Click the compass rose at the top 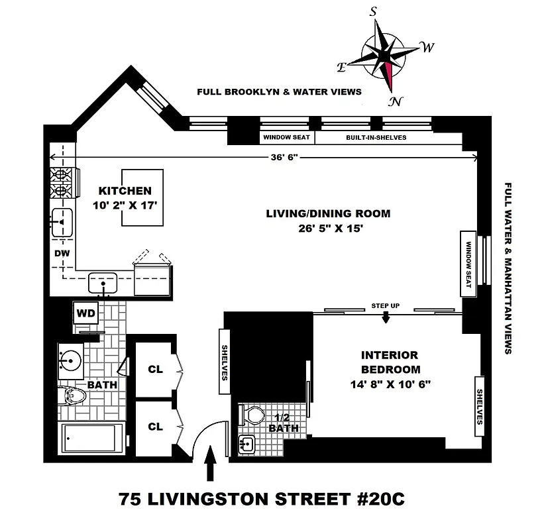[x=388, y=54]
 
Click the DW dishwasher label [x=58, y=253]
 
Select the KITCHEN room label [x=125, y=191]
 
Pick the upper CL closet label [x=155, y=369]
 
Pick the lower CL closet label [x=155, y=427]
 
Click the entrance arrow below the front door [x=211, y=463]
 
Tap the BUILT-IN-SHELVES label [x=376, y=138]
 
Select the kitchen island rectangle [x=142, y=198]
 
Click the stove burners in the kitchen [x=60, y=183]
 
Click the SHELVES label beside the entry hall [x=225, y=362]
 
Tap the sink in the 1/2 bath [x=246, y=445]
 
